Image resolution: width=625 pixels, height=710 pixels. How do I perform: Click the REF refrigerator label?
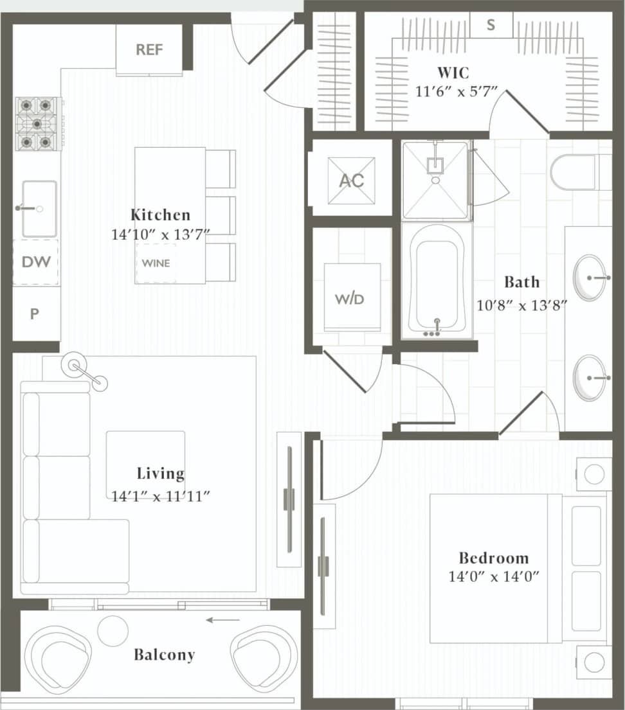point(149,49)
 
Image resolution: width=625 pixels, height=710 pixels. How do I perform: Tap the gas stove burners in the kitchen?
point(37,123)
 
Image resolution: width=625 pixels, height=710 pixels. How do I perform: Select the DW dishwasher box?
point(36,262)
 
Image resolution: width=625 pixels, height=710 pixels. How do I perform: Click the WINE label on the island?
point(156,263)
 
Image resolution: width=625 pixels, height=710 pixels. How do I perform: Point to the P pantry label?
point(35,314)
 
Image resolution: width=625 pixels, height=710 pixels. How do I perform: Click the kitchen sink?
point(39,209)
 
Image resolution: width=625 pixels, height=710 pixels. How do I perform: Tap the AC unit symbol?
point(351,181)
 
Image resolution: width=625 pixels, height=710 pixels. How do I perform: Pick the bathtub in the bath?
point(437,280)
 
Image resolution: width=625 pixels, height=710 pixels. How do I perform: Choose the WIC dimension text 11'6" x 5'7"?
point(457,92)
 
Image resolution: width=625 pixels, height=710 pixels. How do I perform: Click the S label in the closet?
point(491,25)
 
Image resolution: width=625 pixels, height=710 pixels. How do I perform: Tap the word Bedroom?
point(493,558)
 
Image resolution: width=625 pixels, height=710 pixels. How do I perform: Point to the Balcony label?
point(164,655)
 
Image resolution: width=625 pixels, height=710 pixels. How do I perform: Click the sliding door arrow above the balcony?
point(222,620)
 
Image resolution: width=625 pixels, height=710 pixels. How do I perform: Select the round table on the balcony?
point(113,630)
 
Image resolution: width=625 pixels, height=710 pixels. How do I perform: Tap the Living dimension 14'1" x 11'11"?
point(160,495)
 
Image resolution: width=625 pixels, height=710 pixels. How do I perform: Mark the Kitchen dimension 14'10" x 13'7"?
point(160,235)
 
